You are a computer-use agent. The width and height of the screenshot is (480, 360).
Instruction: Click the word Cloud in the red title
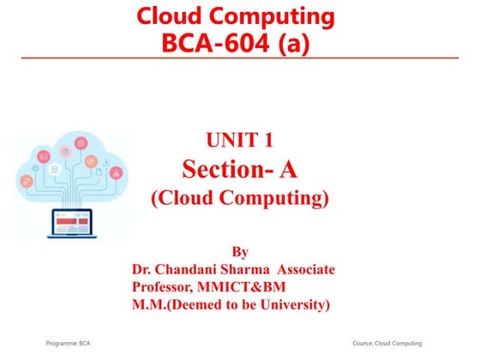pyautogui.click(x=168, y=15)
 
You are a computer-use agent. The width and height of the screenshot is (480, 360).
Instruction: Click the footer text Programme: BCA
pyautogui.click(x=69, y=342)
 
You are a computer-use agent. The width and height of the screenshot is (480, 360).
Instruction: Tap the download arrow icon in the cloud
pyautogui.click(x=105, y=160)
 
